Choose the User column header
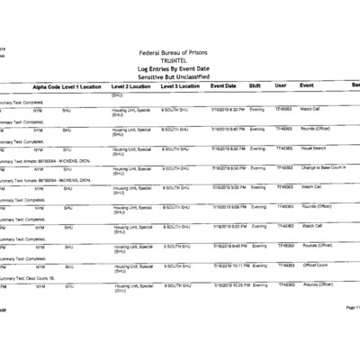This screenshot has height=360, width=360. coord(280,87)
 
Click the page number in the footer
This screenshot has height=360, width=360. coord(350,333)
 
